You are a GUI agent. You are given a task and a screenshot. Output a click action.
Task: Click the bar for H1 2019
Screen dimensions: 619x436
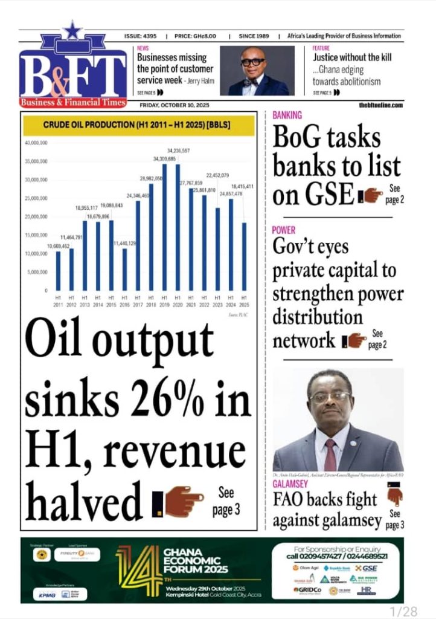(x=164, y=227)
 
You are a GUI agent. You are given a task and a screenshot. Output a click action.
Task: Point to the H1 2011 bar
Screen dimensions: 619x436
(x=59, y=271)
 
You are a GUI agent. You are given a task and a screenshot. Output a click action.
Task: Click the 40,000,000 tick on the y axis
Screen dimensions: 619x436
(x=36, y=143)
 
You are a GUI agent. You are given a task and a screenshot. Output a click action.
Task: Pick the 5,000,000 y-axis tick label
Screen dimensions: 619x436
(x=37, y=272)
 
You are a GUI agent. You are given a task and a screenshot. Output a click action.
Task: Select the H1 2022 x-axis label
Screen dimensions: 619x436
(x=204, y=300)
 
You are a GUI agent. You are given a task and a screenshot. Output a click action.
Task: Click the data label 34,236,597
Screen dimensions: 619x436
(x=179, y=150)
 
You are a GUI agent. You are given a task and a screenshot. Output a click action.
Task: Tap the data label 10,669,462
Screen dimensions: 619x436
(x=59, y=247)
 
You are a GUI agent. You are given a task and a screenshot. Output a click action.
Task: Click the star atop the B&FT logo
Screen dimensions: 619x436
(x=72, y=30)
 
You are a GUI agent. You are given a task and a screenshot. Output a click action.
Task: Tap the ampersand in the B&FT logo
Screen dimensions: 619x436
(x=71, y=82)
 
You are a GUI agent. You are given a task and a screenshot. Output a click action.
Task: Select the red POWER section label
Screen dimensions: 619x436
(x=284, y=230)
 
